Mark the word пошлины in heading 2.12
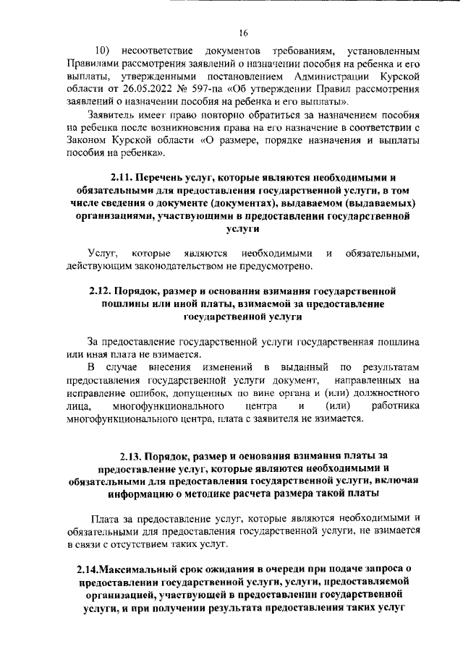click(x=122, y=304)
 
